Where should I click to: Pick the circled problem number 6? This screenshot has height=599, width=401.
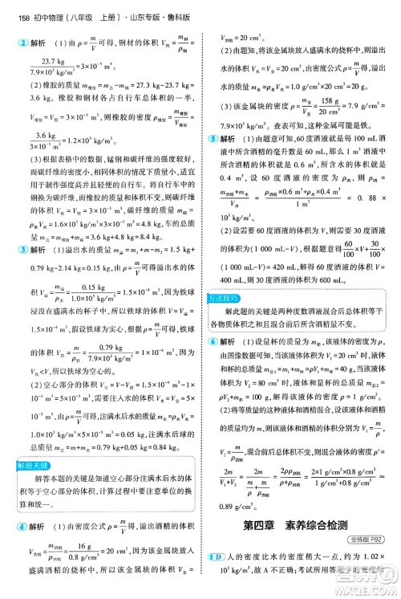coord(210,340)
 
